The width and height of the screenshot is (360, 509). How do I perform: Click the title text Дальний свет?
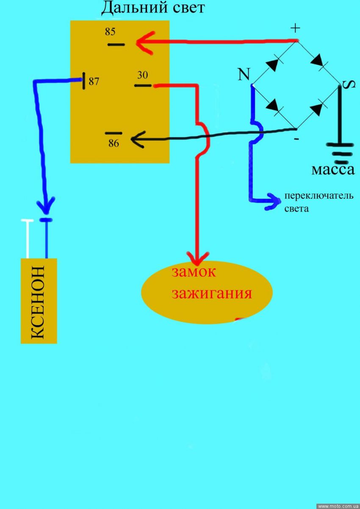pos(153,7)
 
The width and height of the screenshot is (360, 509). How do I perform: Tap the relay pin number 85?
pos(110,31)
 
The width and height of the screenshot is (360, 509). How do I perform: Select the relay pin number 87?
pos(94,81)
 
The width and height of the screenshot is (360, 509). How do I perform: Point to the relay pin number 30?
pos(142,75)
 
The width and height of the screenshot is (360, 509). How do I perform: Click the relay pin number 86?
pos(114,143)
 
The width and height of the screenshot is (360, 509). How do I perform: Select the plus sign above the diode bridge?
pos(295,28)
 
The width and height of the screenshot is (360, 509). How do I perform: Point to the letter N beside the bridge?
pos(244,75)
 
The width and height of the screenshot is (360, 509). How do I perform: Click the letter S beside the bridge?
pos(346,85)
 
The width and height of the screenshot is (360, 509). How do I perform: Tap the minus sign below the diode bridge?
pos(296,138)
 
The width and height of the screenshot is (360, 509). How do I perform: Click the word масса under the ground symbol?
pos(332,170)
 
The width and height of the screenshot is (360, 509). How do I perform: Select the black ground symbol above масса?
pos(340,153)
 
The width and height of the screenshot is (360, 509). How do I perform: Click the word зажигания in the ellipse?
pos(211,293)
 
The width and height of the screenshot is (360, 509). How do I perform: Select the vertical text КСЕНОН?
pos(38,302)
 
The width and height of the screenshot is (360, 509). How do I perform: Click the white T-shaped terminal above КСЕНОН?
pos(28,237)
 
